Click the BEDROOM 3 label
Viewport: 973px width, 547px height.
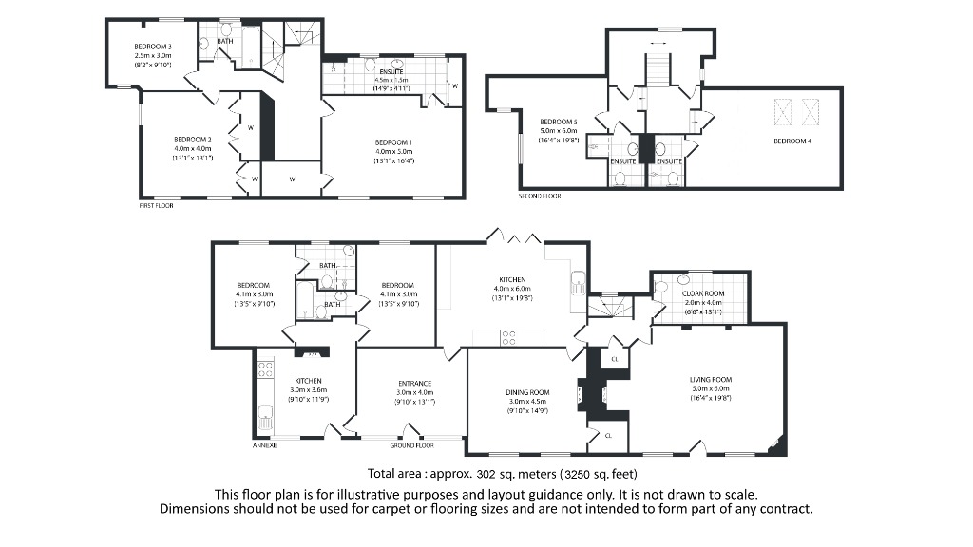(152, 47)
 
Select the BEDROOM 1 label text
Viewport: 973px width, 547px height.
(393, 141)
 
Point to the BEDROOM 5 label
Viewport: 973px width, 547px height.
(559, 122)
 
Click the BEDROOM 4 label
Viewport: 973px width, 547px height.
(792, 141)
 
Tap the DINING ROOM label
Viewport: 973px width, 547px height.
(527, 392)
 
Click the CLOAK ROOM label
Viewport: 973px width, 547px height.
(703, 293)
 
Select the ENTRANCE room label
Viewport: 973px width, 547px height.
(415, 383)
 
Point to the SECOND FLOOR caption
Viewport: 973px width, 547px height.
(540, 196)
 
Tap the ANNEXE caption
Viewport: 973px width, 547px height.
(264, 444)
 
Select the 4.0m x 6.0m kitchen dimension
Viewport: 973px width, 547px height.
(510, 289)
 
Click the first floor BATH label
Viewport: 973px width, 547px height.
(225, 41)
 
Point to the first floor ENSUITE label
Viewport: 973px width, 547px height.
(391, 72)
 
